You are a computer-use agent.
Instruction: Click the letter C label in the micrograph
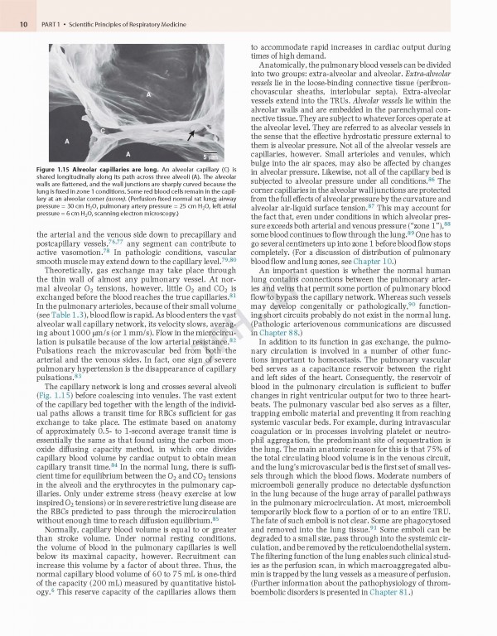coord(104,131)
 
